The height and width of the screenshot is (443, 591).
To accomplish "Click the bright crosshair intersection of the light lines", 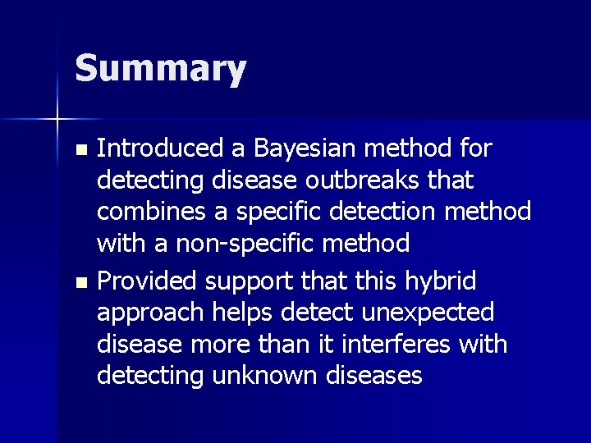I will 58,120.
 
